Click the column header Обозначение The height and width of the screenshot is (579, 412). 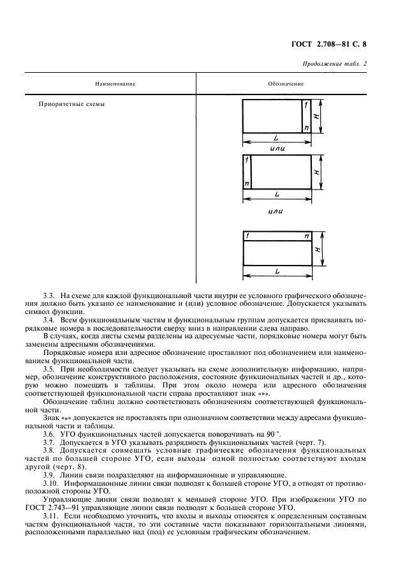tap(285, 84)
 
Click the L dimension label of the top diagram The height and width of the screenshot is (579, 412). tap(275, 138)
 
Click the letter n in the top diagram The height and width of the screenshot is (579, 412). tap(307, 128)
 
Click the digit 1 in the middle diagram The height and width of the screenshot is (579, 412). tap(247, 161)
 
